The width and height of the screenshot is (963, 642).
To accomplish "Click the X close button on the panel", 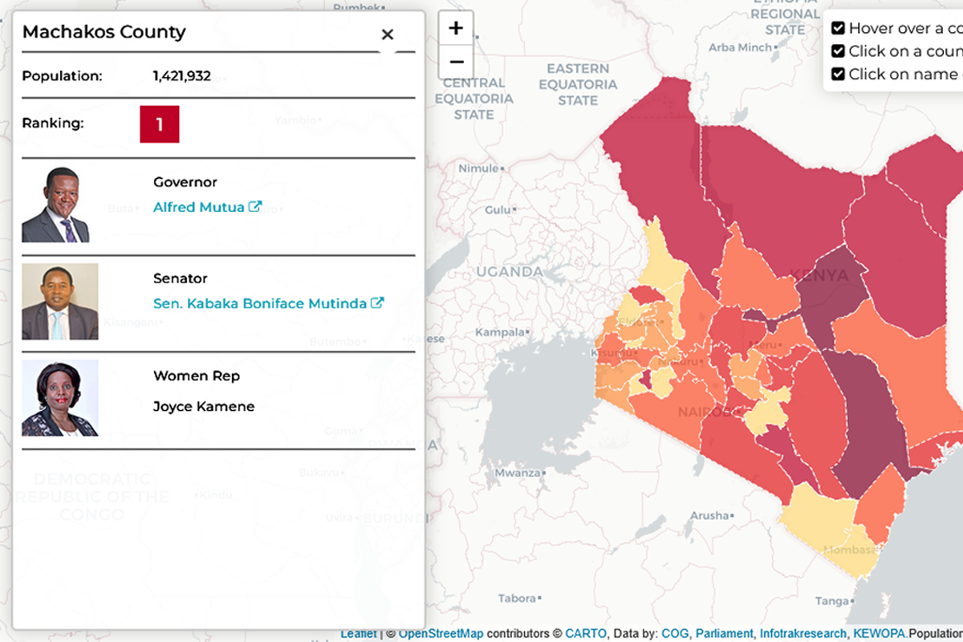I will (x=388, y=35).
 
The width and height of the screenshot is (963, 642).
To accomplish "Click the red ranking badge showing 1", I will (x=160, y=124).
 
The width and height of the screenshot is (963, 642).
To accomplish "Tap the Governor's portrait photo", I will (x=55, y=205).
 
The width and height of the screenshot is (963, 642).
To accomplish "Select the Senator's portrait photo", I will (x=60, y=302).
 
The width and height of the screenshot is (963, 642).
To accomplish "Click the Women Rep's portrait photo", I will (x=60, y=398).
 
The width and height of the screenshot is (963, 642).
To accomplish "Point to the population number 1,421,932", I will (x=182, y=76).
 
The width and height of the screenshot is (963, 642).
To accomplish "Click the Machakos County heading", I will (x=104, y=32).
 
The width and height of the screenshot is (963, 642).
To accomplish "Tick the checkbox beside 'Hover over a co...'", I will (x=838, y=28).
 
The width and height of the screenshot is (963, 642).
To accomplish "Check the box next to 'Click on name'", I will (x=838, y=74).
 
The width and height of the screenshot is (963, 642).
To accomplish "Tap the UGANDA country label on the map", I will (x=510, y=271).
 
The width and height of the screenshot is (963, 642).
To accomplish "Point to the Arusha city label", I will (x=709, y=515).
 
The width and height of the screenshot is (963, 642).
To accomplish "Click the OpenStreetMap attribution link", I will (x=441, y=634).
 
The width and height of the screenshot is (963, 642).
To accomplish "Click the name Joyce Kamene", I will (x=204, y=406).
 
